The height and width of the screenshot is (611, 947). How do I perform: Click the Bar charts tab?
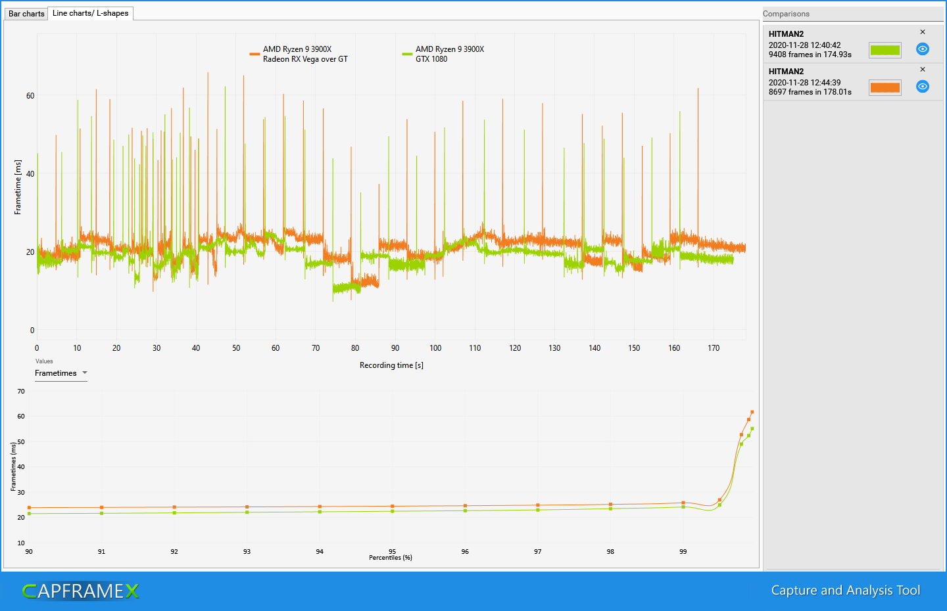coord(26,14)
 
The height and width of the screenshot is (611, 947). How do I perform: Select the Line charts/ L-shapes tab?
coord(90,13)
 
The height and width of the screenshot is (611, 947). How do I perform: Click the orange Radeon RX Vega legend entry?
coord(299,54)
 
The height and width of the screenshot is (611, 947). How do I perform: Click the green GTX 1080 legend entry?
coord(444,54)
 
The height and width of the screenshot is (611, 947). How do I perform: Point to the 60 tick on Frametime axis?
coord(30,96)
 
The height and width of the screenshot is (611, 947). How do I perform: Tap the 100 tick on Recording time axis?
coord(435,348)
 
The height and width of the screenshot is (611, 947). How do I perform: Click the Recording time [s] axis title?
coord(391,365)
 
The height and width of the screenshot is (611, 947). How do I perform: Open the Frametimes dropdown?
coord(61,373)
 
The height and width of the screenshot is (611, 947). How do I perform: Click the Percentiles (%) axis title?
coord(391,558)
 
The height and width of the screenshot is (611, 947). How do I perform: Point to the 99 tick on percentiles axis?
coord(683,552)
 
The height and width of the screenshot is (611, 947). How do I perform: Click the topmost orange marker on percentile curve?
coord(752,412)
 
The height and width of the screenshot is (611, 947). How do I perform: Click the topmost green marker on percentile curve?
coord(752,429)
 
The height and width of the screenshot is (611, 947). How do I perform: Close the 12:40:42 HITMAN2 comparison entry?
coord(923,32)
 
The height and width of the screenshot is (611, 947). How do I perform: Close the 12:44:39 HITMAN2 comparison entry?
coord(923,70)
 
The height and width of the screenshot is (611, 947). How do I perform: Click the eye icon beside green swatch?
coord(923,49)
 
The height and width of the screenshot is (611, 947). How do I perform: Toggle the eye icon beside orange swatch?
coord(923,87)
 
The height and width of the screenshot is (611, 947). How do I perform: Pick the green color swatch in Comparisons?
coord(885,50)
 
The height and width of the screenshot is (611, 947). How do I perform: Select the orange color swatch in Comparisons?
coord(885,87)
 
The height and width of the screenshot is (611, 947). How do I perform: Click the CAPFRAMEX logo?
coord(81,591)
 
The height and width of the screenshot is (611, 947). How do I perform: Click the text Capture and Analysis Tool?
coord(845,591)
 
